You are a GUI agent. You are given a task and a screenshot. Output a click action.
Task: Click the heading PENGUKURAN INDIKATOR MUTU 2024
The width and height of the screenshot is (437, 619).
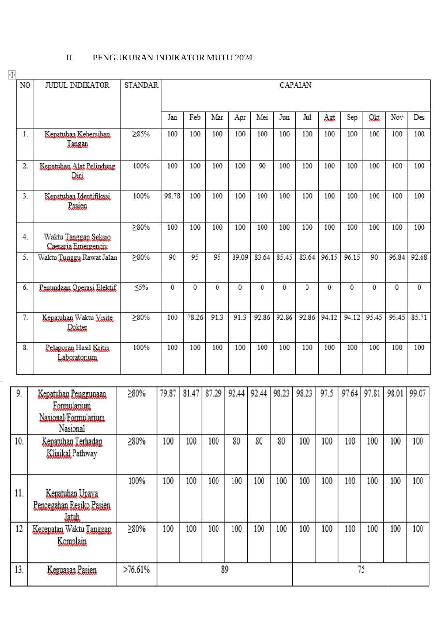[172, 58]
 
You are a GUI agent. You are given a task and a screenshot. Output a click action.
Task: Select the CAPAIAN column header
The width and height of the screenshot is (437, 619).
[295, 85]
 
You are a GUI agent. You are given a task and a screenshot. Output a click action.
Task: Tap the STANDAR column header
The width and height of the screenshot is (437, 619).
[141, 85]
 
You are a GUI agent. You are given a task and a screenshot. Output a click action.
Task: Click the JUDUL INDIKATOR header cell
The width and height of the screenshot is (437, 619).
[77, 85]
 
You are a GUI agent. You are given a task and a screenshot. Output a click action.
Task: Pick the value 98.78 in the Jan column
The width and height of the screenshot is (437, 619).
[172, 196]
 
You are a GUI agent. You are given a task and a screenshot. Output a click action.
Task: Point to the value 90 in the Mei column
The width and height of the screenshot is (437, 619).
[262, 166]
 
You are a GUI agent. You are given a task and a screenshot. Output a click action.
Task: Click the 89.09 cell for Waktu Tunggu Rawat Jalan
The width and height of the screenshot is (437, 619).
[240, 257]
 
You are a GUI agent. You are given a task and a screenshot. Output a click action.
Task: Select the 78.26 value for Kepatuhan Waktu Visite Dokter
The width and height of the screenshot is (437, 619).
[195, 317]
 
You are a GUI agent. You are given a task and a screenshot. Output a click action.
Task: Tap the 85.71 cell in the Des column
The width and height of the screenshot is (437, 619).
[419, 317]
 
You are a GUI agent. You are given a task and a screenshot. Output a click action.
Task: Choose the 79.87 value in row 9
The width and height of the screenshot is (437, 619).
[168, 393]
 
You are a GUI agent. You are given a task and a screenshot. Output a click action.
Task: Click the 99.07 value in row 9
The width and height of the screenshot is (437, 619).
[418, 393]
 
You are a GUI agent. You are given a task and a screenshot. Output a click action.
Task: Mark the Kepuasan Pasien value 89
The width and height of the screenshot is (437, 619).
[225, 570]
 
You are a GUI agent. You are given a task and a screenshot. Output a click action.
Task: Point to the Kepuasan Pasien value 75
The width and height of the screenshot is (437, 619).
[361, 570]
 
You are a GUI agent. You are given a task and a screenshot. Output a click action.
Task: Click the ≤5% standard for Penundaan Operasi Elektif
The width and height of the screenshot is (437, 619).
[141, 287]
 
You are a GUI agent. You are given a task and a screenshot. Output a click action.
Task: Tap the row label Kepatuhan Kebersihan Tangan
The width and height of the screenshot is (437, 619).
[77, 139]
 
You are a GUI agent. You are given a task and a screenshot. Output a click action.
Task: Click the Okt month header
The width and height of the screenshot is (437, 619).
[374, 118]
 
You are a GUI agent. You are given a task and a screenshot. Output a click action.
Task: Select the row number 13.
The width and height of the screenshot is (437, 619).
[19, 570]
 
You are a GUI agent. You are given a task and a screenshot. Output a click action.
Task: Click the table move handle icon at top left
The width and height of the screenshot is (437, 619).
[12, 75]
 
